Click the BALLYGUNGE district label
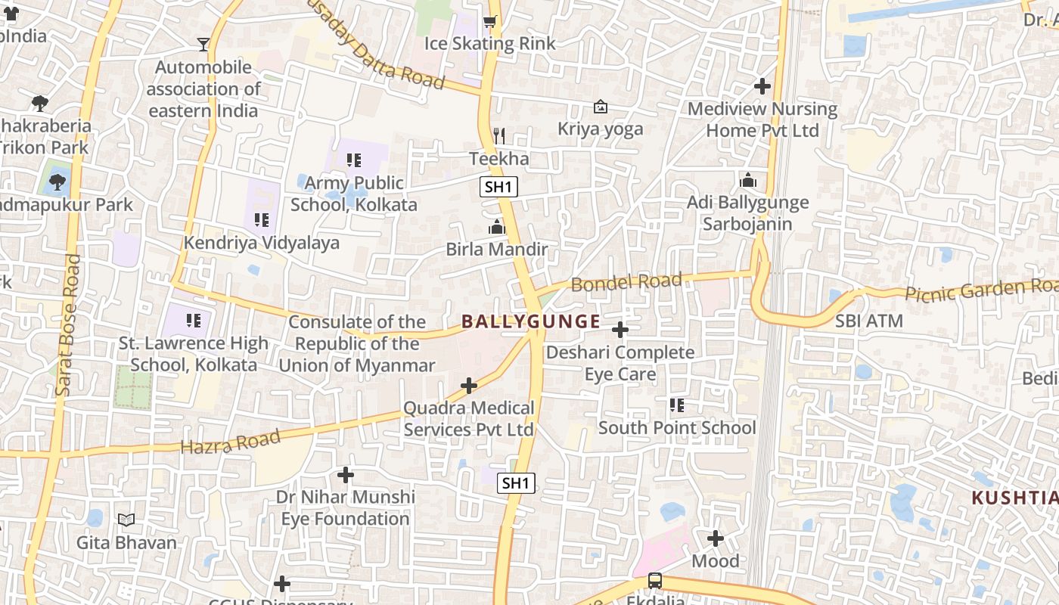pyautogui.click(x=531, y=321)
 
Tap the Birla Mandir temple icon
pyautogui.click(x=497, y=227)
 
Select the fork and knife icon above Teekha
pyautogui.click(x=498, y=136)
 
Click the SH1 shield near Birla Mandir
pyautogui.click(x=498, y=187)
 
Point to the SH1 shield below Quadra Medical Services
pyautogui.click(x=516, y=482)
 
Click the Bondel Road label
pyautogui.click(x=626, y=282)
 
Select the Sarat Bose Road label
pyautogui.click(x=67, y=325)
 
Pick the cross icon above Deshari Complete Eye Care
pyautogui.click(x=620, y=330)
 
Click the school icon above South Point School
pyautogui.click(x=677, y=405)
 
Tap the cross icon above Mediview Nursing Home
pyautogui.click(x=762, y=86)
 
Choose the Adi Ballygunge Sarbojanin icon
pyautogui.click(x=748, y=180)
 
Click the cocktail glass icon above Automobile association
pyautogui.click(x=203, y=45)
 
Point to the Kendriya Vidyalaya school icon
pyautogui.click(x=262, y=220)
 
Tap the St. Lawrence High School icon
pyautogui.click(x=194, y=321)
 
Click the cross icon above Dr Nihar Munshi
pyautogui.click(x=346, y=475)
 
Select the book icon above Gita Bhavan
pyautogui.click(x=126, y=520)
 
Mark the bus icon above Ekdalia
pyautogui.click(x=655, y=581)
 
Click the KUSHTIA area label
pyautogui.click(x=1014, y=498)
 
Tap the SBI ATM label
pyautogui.click(x=869, y=321)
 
